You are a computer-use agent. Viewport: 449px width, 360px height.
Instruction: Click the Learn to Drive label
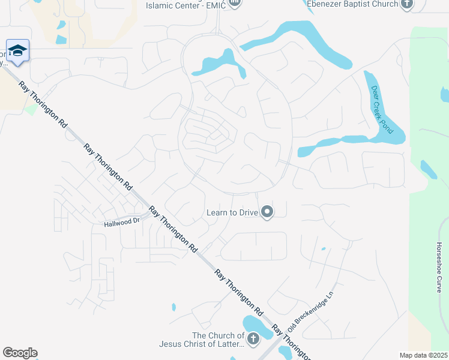(232, 212)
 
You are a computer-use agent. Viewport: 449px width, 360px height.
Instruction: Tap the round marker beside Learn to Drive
(267, 212)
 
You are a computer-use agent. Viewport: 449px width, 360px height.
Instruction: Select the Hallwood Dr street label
(121, 221)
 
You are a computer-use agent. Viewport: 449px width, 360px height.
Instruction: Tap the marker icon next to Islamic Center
(235, 4)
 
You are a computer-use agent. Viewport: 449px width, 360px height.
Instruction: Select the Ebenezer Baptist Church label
(352, 4)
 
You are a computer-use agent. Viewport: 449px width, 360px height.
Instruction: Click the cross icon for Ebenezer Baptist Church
(407, 4)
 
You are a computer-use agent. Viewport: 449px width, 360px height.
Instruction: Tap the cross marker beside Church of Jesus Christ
(253, 339)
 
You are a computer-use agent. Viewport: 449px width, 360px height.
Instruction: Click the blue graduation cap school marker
(17, 50)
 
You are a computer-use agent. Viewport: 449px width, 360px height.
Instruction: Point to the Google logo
(20, 353)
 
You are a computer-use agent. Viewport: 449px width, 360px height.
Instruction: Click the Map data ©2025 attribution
(423, 355)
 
